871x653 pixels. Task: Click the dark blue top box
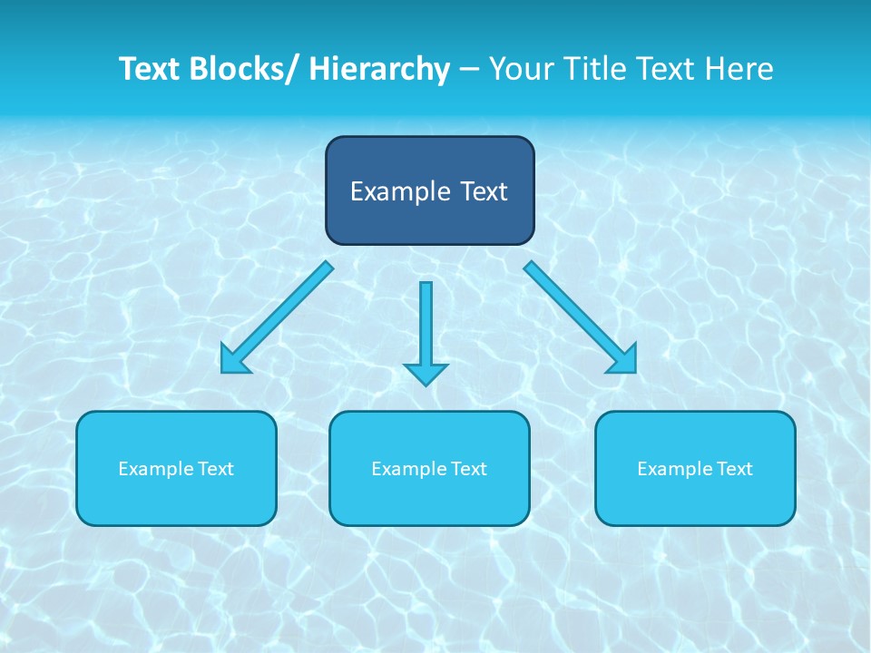429,190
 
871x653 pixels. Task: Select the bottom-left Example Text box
176,468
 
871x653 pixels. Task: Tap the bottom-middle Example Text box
429,468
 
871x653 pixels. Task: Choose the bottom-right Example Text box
695,468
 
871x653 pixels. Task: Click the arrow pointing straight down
426,326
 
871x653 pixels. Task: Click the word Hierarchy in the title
379,69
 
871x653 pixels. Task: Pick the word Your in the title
521,69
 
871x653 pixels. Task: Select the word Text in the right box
734,469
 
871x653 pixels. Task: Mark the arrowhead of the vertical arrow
426,373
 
